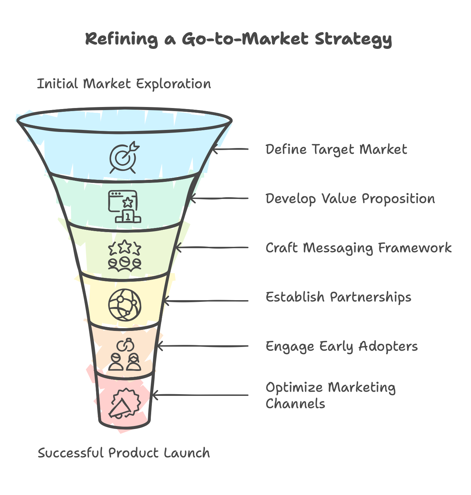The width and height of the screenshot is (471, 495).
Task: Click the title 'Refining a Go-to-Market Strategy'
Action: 238,39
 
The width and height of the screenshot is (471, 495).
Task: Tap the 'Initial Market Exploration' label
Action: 124,84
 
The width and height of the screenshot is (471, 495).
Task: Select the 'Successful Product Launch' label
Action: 124,453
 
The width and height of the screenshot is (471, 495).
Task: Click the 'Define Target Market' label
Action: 336,149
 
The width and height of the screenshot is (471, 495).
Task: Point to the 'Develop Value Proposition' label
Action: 350,199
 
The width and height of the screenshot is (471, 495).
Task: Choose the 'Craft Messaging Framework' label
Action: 358,248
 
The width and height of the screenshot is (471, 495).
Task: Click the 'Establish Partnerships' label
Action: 338,297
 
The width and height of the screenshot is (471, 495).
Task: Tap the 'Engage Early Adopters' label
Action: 342,346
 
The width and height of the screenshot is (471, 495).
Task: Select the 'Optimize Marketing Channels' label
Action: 330,396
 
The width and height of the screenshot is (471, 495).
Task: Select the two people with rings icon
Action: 125,354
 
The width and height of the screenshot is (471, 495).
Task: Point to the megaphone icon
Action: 125,403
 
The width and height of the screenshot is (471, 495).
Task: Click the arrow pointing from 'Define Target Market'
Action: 230,149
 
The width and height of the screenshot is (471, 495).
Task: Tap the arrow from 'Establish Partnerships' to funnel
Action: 205,301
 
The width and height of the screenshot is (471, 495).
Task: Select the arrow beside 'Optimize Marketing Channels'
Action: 200,396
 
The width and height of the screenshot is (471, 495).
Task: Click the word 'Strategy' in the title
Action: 353,39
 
